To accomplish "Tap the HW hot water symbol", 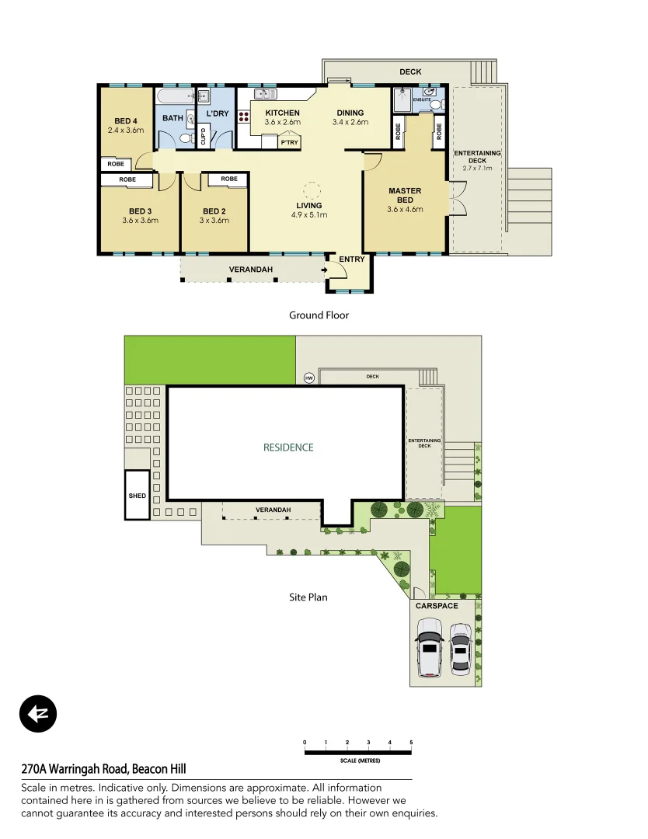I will (x=309, y=378).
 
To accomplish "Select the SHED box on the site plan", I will (x=137, y=495).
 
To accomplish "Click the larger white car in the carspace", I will (x=429, y=647).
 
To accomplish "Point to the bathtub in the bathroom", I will (x=175, y=97).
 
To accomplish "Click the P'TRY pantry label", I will (x=289, y=143).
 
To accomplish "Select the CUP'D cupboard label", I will (x=204, y=137).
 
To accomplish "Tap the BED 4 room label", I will (x=126, y=120).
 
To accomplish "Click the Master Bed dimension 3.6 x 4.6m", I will (x=405, y=209).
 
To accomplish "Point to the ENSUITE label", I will (x=422, y=100).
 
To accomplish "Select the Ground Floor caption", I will (x=319, y=315).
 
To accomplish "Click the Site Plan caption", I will (x=308, y=597).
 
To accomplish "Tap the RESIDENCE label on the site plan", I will (x=288, y=447).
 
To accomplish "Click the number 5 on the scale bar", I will (x=411, y=743).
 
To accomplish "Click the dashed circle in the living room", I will (x=311, y=190).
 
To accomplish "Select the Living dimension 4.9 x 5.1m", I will (x=309, y=215).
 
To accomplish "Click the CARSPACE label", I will (x=436, y=606).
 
